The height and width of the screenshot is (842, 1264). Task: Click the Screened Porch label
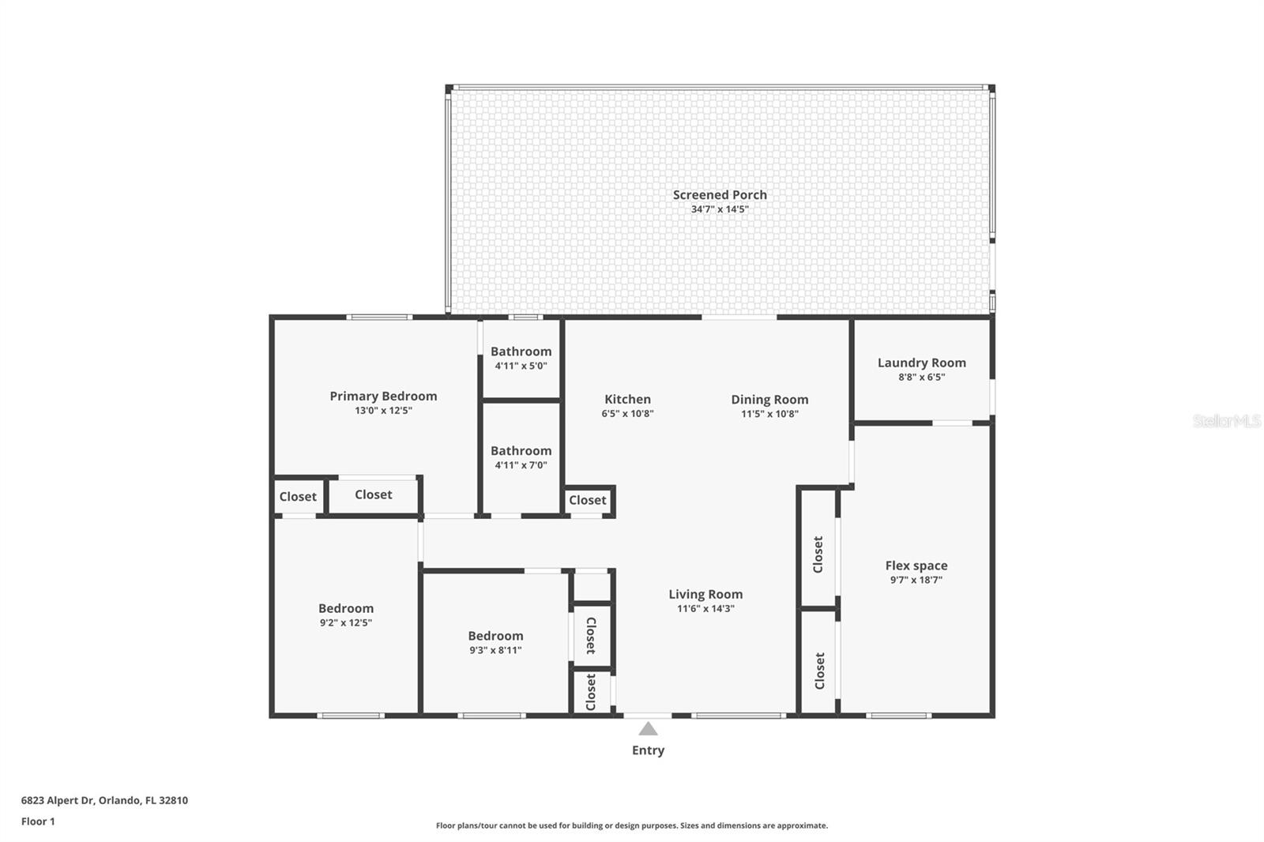click(x=720, y=194)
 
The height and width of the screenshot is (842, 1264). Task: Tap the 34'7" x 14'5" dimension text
click(x=720, y=209)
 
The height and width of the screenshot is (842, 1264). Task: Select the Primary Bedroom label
click(x=383, y=396)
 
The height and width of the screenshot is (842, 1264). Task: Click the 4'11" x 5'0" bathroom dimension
click(x=521, y=366)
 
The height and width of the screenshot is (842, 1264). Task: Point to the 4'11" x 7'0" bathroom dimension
click(x=521, y=465)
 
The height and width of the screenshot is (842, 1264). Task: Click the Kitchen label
click(x=627, y=399)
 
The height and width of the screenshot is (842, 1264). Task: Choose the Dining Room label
click(x=769, y=399)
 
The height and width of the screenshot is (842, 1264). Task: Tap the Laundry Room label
click(x=921, y=363)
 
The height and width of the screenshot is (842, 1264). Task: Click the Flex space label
click(x=916, y=566)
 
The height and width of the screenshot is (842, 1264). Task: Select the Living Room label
click(x=705, y=594)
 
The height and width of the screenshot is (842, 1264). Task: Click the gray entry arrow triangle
click(x=648, y=729)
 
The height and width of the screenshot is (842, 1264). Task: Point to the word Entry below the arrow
click(x=648, y=750)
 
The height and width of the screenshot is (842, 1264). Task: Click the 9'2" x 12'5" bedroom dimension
click(x=346, y=622)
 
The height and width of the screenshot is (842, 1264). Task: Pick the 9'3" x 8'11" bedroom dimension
click(x=495, y=650)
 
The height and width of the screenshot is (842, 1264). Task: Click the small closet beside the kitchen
click(x=588, y=500)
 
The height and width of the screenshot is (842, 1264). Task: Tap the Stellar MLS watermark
click(x=1226, y=421)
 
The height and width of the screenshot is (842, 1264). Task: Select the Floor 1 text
click(x=38, y=821)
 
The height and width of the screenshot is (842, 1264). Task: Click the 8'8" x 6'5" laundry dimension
click(x=921, y=377)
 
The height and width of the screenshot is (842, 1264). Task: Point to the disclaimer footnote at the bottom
click(x=632, y=825)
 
